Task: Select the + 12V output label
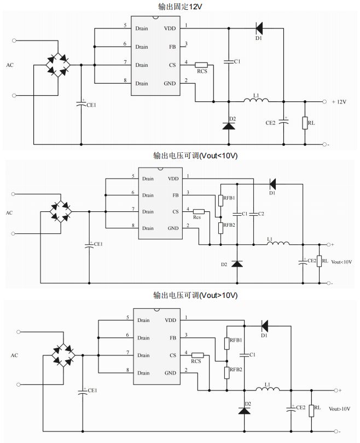(339, 101)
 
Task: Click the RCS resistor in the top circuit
(202, 65)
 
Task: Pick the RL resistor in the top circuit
(305, 123)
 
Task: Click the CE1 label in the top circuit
(91, 105)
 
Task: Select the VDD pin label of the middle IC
(173, 179)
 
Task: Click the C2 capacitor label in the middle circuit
(261, 213)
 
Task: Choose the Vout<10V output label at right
(341, 261)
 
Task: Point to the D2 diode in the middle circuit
(236, 263)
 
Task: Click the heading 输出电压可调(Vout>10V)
(195, 295)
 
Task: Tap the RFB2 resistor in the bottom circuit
(227, 373)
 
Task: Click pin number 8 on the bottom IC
(127, 371)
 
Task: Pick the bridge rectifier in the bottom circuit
(64, 354)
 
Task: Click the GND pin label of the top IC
(170, 83)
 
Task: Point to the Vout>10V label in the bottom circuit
(339, 409)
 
